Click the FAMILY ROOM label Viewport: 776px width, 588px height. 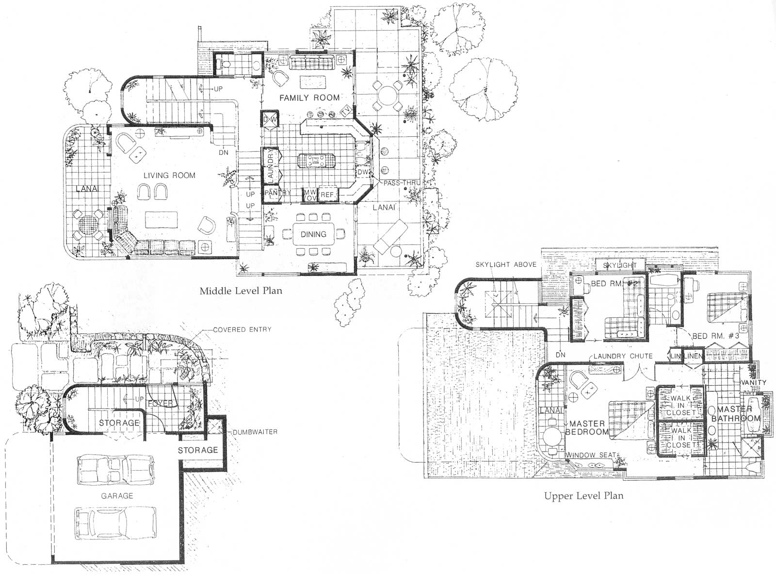pyautogui.click(x=309, y=98)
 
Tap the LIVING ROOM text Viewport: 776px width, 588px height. pyautogui.click(x=169, y=175)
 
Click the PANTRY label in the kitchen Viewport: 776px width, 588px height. pyautogui.click(x=278, y=193)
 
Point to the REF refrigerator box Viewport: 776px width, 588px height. pyautogui.click(x=327, y=195)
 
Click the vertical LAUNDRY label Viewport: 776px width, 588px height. pyautogui.click(x=271, y=166)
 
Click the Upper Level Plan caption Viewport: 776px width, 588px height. pyautogui.click(x=583, y=496)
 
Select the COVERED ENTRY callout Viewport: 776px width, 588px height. pyautogui.click(x=242, y=329)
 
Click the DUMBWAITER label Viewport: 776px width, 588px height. pyautogui.click(x=255, y=432)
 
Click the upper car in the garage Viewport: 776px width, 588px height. pyautogui.click(x=117, y=469)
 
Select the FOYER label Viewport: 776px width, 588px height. pyautogui.click(x=160, y=404)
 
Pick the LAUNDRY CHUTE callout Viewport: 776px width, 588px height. pyautogui.click(x=623, y=356)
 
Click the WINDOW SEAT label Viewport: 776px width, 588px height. pyautogui.click(x=591, y=455)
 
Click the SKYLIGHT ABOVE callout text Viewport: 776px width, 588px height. pyautogui.click(x=505, y=264)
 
